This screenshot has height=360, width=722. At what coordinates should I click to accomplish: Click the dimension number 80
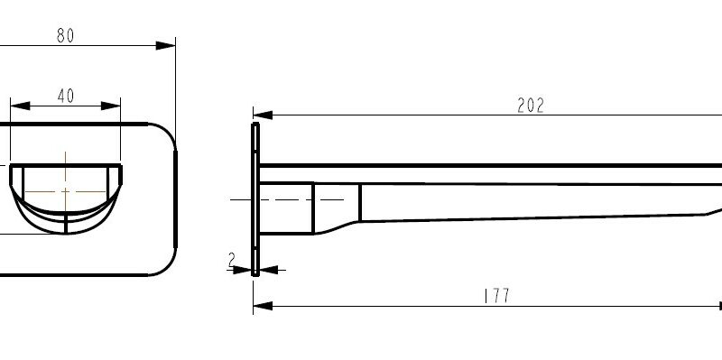65,36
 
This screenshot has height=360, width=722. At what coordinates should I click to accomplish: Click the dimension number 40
65,97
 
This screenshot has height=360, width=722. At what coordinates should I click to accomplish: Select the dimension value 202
531,106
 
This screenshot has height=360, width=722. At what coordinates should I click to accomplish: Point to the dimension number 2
232,260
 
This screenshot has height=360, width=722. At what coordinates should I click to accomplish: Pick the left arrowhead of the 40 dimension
19,106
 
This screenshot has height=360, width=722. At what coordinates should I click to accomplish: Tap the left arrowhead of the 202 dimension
262,115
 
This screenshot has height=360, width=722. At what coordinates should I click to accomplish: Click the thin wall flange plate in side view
256,198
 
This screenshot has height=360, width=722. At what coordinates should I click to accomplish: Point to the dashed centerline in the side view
289,198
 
